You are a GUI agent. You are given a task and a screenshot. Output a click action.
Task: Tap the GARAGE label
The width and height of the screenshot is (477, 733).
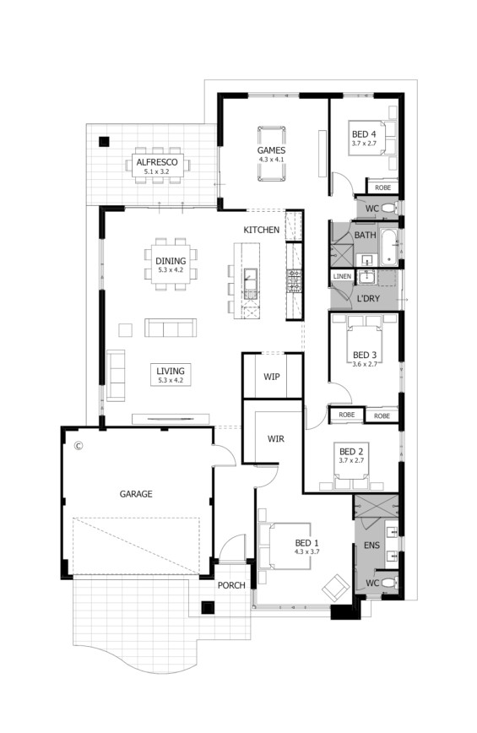point(135,494)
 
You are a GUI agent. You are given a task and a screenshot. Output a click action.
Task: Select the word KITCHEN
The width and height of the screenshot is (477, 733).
point(262,230)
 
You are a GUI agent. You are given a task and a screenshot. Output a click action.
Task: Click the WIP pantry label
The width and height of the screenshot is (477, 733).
point(271,376)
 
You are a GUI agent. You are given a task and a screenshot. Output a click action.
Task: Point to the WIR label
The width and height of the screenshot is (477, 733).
point(275,439)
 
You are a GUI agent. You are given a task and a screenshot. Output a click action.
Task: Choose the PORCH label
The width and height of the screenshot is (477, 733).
point(230,585)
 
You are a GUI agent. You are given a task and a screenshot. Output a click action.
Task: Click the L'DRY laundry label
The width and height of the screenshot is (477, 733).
point(367,300)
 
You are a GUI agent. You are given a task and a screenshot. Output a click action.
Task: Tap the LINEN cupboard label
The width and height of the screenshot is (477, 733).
point(342,276)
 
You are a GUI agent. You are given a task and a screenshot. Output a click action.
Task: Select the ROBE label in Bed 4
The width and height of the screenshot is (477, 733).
point(382,187)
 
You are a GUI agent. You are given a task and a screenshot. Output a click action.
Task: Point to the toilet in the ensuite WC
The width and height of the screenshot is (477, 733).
point(387,583)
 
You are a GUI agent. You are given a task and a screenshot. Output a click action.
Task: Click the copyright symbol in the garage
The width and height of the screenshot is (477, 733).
point(78,445)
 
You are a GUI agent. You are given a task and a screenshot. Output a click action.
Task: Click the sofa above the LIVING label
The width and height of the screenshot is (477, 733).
point(171,327)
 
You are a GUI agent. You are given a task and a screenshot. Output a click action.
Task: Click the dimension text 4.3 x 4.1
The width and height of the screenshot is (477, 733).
point(273,160)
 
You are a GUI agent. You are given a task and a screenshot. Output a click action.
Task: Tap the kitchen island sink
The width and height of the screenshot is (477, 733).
point(251,274)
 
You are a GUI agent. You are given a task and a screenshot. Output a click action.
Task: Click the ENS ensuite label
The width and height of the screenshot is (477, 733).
point(371,546)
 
